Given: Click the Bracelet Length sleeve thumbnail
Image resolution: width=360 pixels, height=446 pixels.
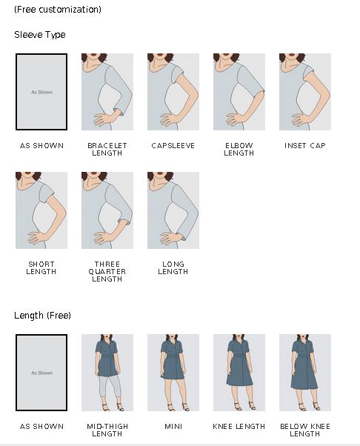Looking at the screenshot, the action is point(107,92).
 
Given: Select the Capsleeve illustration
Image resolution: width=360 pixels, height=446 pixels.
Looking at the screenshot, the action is point(173,92).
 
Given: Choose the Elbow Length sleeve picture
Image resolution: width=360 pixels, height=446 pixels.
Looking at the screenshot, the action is point(239,92).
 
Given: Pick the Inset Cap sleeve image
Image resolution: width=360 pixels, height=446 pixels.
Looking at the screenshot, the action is point(305,92).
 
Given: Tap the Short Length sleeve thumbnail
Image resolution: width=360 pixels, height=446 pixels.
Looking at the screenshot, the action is point(41,210).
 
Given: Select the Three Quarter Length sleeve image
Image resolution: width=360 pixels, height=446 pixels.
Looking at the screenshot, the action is point(107,210).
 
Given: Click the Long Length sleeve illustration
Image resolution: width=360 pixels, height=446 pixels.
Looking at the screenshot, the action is point(173,210).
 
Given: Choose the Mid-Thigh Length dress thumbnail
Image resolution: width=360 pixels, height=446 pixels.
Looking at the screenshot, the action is point(107,373).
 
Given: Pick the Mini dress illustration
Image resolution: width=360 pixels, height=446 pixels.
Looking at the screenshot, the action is point(173,373).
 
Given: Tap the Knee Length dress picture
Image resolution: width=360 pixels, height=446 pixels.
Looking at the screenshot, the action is point(239,373).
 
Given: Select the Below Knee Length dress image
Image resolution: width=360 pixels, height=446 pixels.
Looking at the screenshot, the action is point(305,373).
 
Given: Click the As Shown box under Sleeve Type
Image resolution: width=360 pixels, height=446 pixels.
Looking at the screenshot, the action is point(41,92).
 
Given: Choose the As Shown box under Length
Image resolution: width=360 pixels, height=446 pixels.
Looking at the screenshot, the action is point(41,373).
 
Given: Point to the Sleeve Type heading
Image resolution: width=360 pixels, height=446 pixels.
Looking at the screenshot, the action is point(40,35).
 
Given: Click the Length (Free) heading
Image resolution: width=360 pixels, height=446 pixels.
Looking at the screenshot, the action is point(42,315).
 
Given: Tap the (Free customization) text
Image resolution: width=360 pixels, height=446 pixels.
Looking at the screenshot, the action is point(58,10).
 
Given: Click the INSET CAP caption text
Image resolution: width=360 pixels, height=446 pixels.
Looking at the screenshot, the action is point(305,146).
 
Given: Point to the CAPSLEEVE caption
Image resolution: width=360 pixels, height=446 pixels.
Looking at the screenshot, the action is point(173,146).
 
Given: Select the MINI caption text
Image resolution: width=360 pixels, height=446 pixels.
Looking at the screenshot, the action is point(173,427).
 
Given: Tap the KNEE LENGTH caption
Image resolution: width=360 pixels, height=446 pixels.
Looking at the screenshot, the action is point(239,427).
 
